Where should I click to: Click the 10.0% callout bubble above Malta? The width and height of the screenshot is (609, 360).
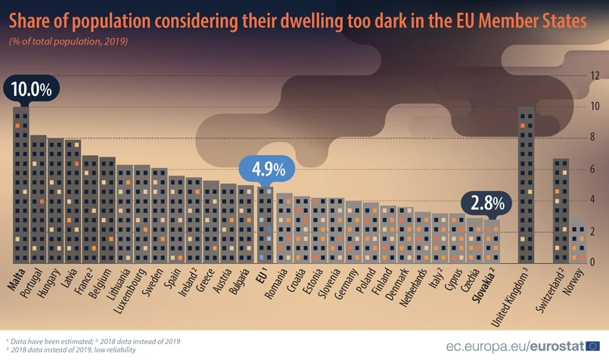click(x=31, y=88)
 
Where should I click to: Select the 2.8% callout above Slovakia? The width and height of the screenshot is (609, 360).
click(x=487, y=203)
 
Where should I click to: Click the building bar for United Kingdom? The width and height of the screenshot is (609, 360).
click(x=527, y=185)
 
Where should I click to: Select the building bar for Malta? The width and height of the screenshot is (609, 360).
click(x=21, y=185)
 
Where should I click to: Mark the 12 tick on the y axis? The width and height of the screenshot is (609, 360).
click(x=595, y=76)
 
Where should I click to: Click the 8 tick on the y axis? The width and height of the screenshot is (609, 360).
click(x=595, y=138)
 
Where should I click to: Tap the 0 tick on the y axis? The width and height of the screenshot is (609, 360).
click(x=595, y=262)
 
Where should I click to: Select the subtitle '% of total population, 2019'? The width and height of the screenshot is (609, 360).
click(x=68, y=41)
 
